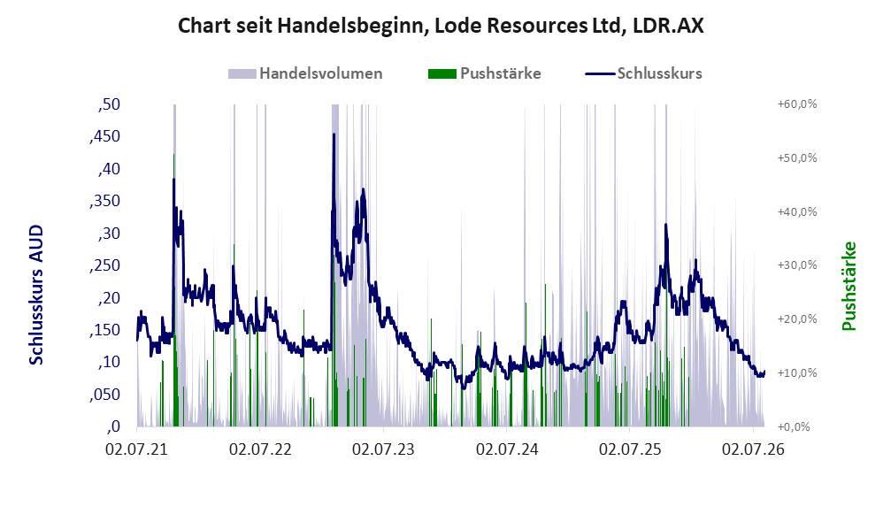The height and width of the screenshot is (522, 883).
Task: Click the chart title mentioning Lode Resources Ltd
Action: [441, 26]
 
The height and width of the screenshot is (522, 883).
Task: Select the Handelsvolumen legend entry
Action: [305, 73]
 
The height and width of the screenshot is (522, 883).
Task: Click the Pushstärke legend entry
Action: [484, 73]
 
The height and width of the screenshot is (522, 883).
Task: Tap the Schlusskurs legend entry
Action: [643, 73]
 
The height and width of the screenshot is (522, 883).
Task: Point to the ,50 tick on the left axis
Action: [109, 104]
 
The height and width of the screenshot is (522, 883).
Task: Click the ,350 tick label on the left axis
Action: [104, 201]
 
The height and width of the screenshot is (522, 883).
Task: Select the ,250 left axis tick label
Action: [104, 265]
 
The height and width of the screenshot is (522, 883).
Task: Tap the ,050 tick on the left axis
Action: [104, 395]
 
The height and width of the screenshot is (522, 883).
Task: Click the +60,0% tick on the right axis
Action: [797, 104]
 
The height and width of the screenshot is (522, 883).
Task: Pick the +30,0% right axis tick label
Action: [797, 265]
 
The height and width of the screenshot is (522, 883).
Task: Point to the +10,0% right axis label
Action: [797, 372]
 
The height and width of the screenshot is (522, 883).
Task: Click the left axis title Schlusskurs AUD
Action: [36, 295]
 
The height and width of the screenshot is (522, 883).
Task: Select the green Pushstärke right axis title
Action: [848, 286]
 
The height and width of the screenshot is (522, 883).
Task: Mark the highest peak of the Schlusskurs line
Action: [334, 134]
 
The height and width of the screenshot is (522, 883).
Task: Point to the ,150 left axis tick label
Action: [104, 330]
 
